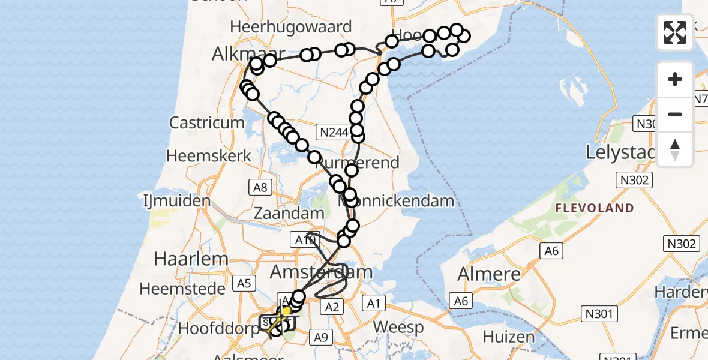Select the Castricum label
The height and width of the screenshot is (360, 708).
pos(207,123)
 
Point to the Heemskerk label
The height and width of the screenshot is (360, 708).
pos(209,156)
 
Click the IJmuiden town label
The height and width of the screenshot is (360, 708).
pos(177,200)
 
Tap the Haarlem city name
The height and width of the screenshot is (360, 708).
pos(183,259)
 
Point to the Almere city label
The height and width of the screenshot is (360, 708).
pos(489,274)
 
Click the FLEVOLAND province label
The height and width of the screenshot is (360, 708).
pos(595,208)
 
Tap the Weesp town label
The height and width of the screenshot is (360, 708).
pos(398,328)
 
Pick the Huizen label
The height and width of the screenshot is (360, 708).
pos(509,337)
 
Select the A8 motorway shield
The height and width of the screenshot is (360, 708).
pos(260,187)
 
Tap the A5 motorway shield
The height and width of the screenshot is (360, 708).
pos(244,282)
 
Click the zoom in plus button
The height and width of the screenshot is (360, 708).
pos(675,79)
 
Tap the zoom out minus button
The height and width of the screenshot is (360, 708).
pos(675,114)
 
